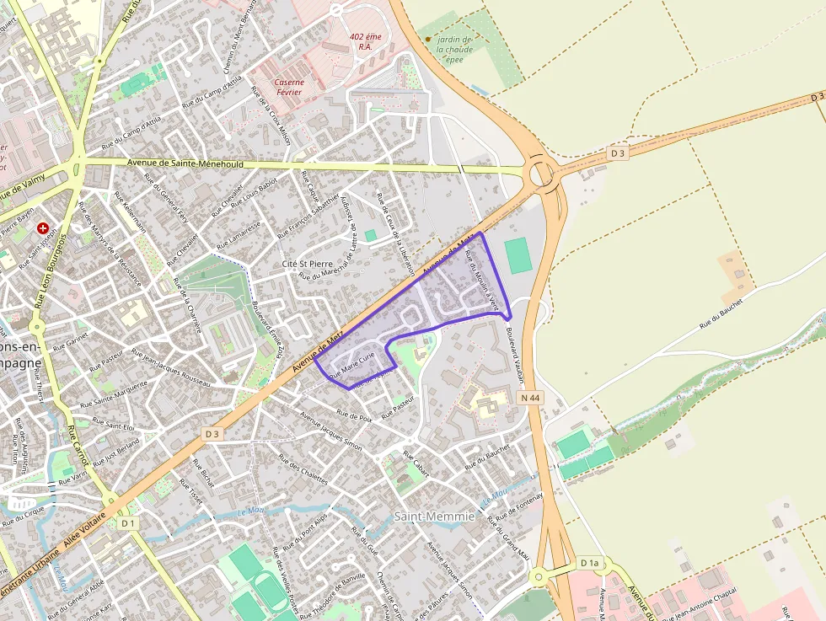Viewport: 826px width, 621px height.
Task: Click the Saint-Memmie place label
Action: click(434, 516)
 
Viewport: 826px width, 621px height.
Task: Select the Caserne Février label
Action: click(288, 87)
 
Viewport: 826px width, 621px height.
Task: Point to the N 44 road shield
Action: click(530, 398)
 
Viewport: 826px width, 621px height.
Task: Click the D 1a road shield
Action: click(589, 562)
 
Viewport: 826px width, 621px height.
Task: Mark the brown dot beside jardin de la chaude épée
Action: click(428, 39)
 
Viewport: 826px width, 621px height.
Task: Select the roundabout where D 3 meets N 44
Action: click(540, 174)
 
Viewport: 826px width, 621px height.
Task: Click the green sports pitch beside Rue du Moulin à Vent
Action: click(519, 254)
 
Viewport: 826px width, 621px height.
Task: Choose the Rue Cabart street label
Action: click(416, 464)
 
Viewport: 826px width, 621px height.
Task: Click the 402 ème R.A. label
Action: click(366, 41)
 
